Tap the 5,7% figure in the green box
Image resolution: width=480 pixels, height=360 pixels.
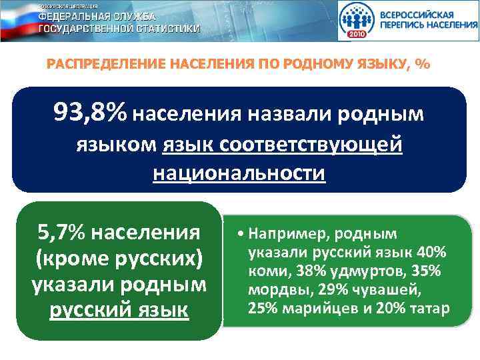coord(61,233)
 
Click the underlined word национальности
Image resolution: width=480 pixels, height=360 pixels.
coord(239,173)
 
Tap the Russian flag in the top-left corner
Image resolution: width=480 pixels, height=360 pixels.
coord(17,20)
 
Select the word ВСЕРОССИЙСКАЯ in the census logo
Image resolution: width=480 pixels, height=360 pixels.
coord(417,14)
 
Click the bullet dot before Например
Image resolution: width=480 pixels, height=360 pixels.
coord(239,234)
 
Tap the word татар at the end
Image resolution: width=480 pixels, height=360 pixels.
coord(432,309)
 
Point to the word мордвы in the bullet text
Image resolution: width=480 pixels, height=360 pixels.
coord(270,290)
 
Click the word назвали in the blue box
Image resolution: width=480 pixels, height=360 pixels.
coord(291,114)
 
